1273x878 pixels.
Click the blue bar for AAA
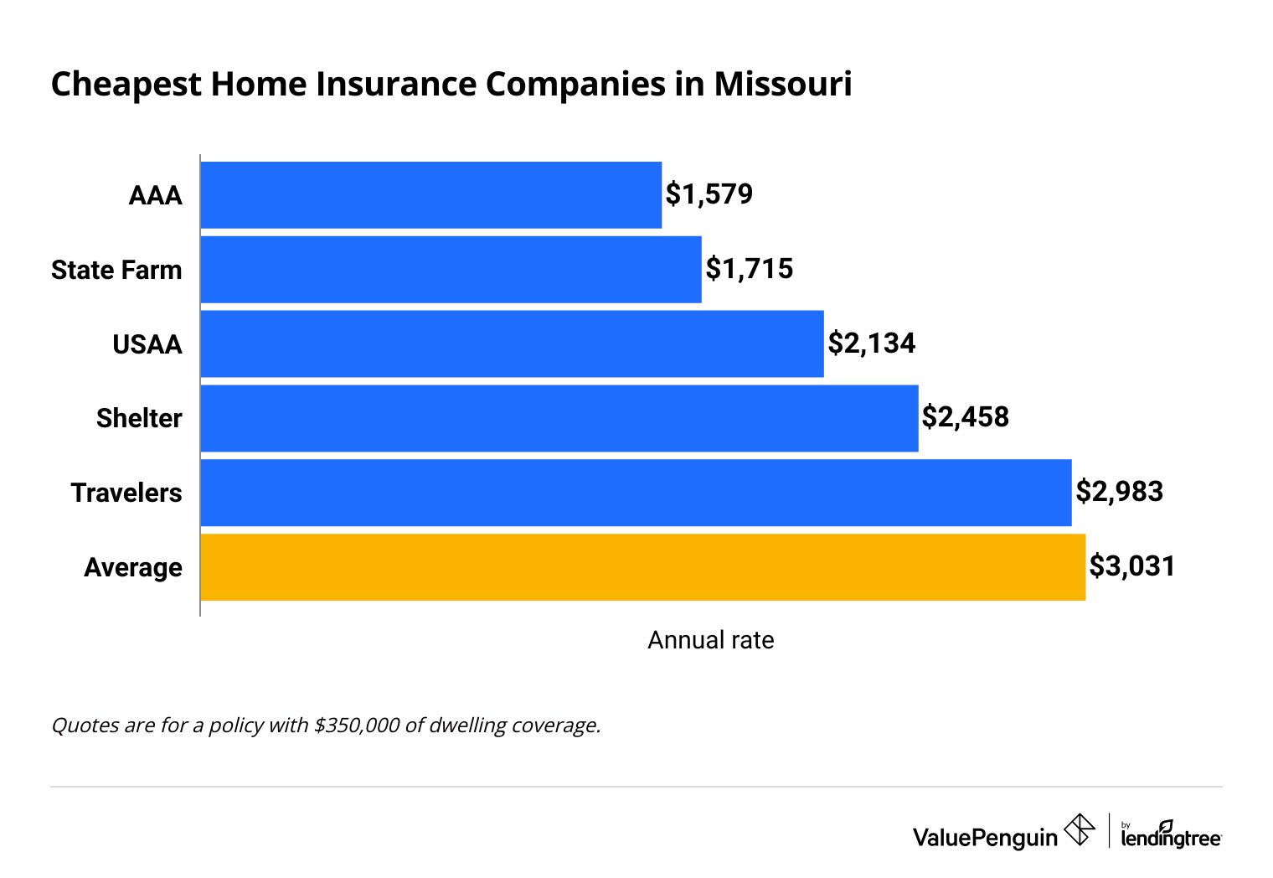(x=430, y=195)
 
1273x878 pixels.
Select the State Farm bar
(x=451, y=270)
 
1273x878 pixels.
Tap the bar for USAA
(x=512, y=343)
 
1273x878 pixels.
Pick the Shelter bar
(x=559, y=418)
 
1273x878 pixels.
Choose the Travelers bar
(x=636, y=493)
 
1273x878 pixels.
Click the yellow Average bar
(x=642, y=567)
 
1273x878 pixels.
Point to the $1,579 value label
(x=709, y=194)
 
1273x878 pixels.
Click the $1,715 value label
(x=750, y=269)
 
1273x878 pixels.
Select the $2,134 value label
(x=872, y=343)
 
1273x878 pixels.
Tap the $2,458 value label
(x=966, y=417)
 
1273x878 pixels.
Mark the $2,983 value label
(x=1120, y=492)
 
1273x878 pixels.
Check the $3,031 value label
(x=1132, y=566)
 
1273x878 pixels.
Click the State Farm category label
(x=116, y=270)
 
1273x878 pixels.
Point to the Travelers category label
(x=126, y=493)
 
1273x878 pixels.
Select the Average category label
(x=133, y=567)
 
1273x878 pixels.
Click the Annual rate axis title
(x=711, y=640)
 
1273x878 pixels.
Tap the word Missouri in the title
(x=783, y=85)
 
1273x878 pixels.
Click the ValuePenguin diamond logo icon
(x=1080, y=830)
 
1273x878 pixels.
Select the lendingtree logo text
(x=1171, y=837)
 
